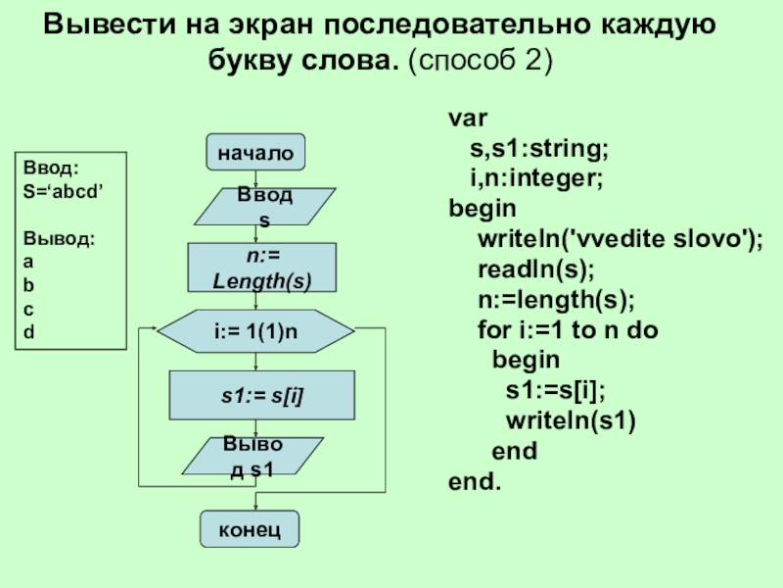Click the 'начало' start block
tap(255, 152)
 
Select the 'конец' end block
tap(250, 529)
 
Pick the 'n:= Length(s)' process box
tap(261, 268)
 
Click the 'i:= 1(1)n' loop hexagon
tap(255, 331)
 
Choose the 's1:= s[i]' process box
tap(261, 395)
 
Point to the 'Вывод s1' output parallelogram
tap(252, 458)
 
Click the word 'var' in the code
tap(468, 119)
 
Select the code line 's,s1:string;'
tap(537, 149)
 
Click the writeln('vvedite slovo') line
tap(621, 239)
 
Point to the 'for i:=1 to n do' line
tap(568, 330)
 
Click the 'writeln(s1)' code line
tap(571, 421)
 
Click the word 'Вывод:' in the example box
tap(60, 238)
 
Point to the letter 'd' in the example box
tap(28, 332)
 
